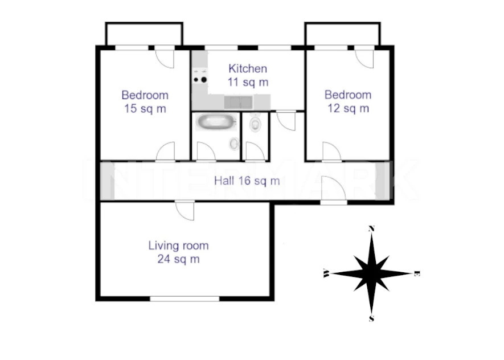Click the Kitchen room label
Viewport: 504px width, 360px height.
click(248, 68)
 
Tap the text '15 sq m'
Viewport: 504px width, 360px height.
click(145, 109)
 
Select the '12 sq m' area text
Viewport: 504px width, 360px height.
click(348, 108)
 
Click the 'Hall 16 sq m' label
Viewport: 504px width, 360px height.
click(247, 181)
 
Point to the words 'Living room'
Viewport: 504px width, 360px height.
click(178, 246)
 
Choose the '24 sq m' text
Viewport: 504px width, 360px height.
click(178, 259)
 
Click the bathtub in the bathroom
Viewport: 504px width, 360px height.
click(216, 122)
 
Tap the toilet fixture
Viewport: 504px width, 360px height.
click(255, 124)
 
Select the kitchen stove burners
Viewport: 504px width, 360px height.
click(200, 79)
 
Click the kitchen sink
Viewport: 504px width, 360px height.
click(238, 103)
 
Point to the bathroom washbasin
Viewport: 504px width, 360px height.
click(234, 144)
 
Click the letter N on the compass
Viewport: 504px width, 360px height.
click(371, 228)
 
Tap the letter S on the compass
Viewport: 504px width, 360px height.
click(371, 318)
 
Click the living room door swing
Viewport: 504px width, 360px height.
click(186, 211)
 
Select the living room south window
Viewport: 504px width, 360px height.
click(185, 298)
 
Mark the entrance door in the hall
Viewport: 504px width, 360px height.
click(334, 190)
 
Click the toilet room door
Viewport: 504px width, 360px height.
click(255, 151)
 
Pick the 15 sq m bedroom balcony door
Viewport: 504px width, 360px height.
click(165, 58)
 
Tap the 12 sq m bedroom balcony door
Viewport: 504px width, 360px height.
click(364, 58)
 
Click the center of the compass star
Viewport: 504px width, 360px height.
click(371, 273)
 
